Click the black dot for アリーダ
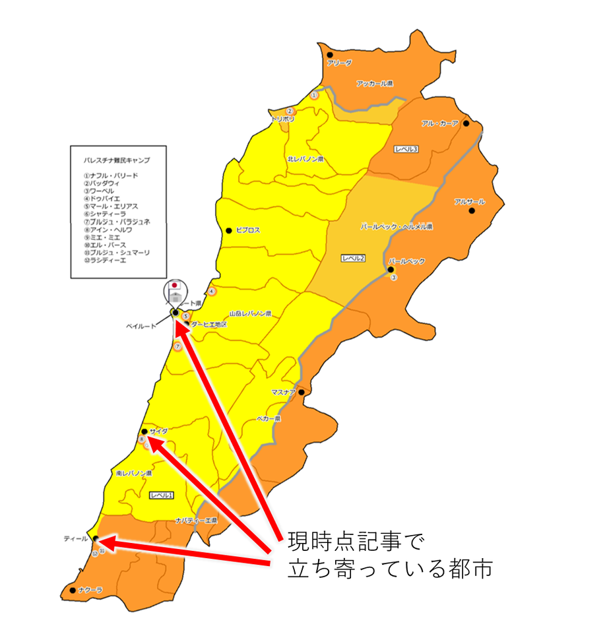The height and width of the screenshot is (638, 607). (x=329, y=55)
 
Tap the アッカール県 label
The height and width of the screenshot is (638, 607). (x=374, y=84)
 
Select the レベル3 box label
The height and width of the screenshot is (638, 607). (x=406, y=150)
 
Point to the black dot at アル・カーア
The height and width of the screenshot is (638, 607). (x=466, y=123)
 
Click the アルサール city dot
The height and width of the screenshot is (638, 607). (x=472, y=211)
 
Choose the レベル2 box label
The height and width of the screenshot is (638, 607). (x=354, y=258)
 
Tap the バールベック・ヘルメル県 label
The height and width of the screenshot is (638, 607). (x=396, y=226)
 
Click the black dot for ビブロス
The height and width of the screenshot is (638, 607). (x=229, y=230)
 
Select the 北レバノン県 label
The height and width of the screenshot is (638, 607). (x=305, y=160)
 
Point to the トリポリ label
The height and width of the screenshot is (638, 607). (x=283, y=119)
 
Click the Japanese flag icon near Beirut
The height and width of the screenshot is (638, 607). (x=174, y=286)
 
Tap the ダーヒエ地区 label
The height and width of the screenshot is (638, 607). (x=209, y=325)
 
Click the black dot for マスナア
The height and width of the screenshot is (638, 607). (x=301, y=393)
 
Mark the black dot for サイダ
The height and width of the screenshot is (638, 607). (x=144, y=431)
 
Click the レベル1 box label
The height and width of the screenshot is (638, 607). (x=161, y=495)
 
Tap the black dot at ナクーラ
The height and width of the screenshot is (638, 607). (x=72, y=590)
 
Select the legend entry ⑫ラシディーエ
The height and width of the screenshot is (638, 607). (x=105, y=260)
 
